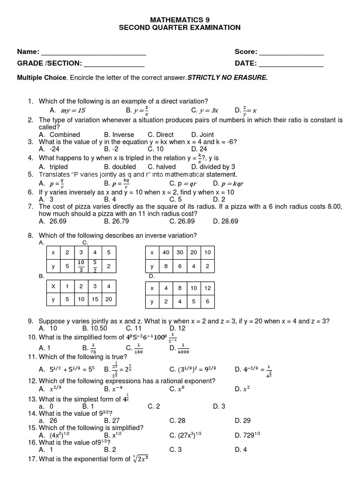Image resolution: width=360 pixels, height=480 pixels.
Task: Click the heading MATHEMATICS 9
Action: coord(180,20)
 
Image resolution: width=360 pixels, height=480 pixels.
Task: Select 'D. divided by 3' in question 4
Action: coord(213,167)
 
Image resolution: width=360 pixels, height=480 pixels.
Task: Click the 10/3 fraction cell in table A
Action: coord(81,266)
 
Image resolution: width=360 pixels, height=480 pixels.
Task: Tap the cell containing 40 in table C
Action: coord(165,252)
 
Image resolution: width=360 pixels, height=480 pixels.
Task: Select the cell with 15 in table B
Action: coord(95,299)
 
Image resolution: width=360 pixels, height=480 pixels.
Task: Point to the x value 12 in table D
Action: coord(208,288)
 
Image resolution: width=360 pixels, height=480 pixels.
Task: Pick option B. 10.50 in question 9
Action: coord(95,328)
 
